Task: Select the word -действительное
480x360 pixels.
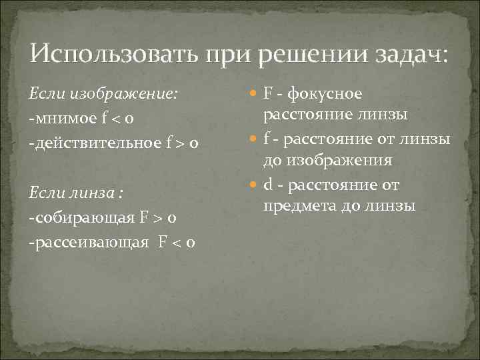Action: point(93,143)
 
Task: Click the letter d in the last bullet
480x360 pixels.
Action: point(268,183)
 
